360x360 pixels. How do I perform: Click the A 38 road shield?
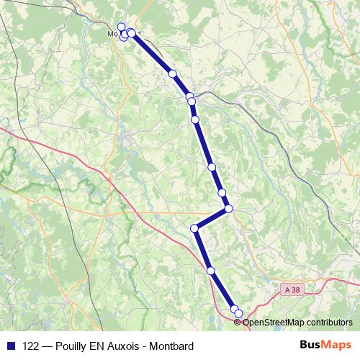(292, 289)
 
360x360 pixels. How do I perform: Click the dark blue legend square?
(10, 346)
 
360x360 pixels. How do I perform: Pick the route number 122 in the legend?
(32, 346)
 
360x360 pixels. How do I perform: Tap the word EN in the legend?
(101, 346)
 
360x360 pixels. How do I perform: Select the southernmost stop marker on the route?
(239, 313)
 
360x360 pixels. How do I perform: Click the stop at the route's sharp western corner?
(194, 228)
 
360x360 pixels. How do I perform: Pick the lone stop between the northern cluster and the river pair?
(173, 73)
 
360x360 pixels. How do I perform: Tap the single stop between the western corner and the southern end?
(211, 271)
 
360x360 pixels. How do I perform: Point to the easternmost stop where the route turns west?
(229, 209)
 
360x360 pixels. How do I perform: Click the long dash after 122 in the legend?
(49, 346)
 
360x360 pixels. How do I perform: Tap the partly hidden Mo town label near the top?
(112, 33)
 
